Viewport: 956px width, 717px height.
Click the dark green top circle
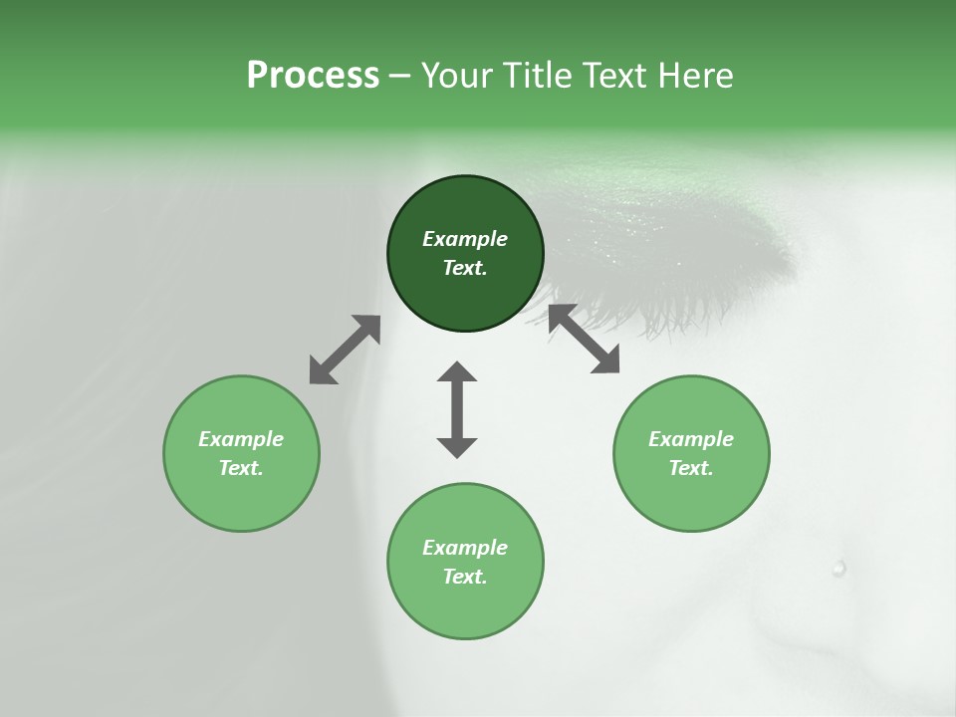pyautogui.click(x=465, y=254)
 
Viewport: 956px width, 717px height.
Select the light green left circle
pyautogui.click(x=241, y=453)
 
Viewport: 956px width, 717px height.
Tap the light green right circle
pyautogui.click(x=691, y=453)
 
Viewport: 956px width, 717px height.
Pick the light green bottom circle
pyautogui.click(x=465, y=562)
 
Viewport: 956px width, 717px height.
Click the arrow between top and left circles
pyautogui.click(x=345, y=350)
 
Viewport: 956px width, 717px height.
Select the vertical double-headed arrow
pyautogui.click(x=457, y=409)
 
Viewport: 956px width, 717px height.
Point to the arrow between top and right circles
pyautogui.click(x=585, y=339)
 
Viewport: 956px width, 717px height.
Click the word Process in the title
pyautogui.click(x=313, y=75)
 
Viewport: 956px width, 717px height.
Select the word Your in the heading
pyautogui.click(x=454, y=75)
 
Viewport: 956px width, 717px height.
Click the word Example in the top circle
pyautogui.click(x=465, y=239)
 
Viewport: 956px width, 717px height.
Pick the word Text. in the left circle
pyautogui.click(x=241, y=468)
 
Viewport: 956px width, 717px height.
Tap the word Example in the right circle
pyautogui.click(x=691, y=439)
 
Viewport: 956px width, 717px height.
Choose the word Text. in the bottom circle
pyautogui.click(x=465, y=577)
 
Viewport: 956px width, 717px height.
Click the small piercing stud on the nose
pyautogui.click(x=838, y=569)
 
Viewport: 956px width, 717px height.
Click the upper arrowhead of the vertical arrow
pyautogui.click(x=457, y=372)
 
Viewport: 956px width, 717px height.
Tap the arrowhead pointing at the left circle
pyautogui.click(x=321, y=371)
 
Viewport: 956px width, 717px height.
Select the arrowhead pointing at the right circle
pyautogui.click(x=605, y=360)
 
